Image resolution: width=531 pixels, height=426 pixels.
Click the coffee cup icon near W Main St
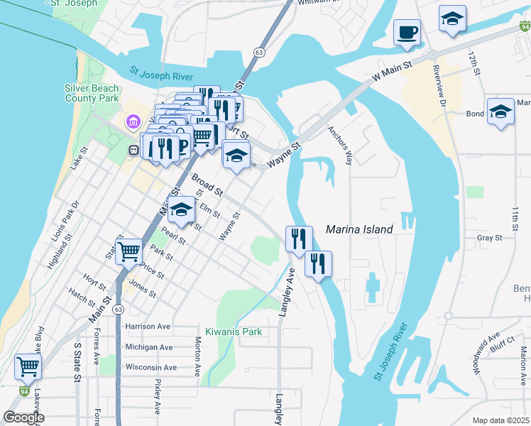click(x=407, y=32)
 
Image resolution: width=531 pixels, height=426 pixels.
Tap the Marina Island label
click(x=359, y=229)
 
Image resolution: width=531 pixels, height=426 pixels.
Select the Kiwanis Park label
click(x=234, y=332)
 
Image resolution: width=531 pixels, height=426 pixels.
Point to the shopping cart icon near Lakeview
click(x=28, y=367)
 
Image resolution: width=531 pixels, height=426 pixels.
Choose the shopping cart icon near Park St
click(x=128, y=251)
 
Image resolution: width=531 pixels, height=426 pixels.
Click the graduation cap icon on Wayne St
click(x=236, y=155)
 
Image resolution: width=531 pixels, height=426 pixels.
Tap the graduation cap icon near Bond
click(x=500, y=111)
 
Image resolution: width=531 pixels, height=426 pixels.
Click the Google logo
click(x=24, y=417)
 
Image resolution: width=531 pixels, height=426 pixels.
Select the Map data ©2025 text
click(x=500, y=420)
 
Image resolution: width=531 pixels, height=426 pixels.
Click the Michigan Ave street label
click(x=148, y=347)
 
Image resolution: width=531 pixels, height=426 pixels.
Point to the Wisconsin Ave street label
click(x=150, y=367)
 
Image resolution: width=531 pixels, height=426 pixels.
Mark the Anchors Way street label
click(x=339, y=146)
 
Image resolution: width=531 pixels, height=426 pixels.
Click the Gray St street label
click(x=490, y=238)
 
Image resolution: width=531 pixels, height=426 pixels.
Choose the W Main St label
click(x=393, y=71)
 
